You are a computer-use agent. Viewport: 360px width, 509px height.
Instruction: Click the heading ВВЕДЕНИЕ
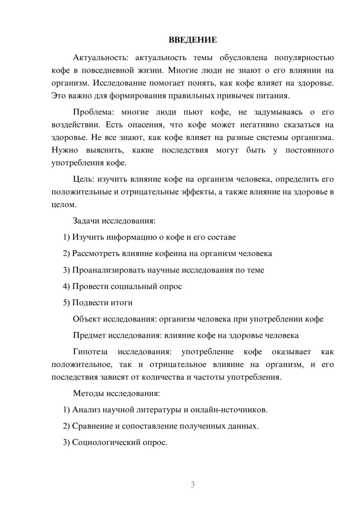pos(193,40)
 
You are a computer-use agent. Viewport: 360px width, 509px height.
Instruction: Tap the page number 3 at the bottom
pos(193,485)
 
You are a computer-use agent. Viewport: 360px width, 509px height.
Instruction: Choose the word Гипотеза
pos(90,352)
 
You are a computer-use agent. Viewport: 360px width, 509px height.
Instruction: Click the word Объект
pos(87,319)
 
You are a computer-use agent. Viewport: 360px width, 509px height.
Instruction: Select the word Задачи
pos(86,221)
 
